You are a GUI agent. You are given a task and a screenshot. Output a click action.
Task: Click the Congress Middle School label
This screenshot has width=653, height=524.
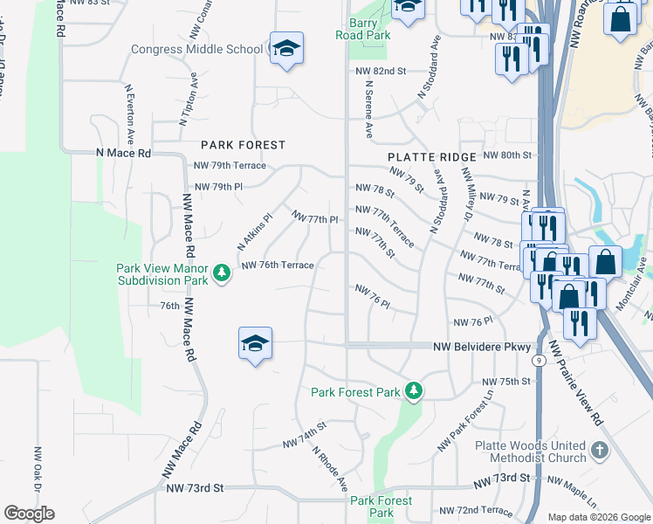(x=196, y=49)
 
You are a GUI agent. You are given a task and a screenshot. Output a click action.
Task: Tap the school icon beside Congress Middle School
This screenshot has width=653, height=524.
(x=285, y=49)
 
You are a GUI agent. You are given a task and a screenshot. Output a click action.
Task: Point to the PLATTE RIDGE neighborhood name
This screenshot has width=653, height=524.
(x=432, y=157)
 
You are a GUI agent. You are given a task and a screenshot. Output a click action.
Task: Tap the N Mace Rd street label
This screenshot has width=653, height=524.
(x=123, y=153)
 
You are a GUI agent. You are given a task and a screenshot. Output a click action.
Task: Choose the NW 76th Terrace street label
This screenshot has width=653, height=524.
(x=277, y=265)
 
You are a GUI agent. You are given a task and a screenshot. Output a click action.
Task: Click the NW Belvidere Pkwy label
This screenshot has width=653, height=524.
(x=482, y=347)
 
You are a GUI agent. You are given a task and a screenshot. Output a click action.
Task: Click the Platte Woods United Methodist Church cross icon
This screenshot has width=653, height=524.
(x=598, y=451)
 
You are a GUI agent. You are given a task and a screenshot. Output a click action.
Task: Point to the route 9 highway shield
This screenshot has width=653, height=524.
(x=540, y=360)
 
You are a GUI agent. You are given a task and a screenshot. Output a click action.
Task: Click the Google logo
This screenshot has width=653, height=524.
(x=30, y=513)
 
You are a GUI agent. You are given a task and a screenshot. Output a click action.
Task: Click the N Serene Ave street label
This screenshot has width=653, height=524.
(x=369, y=110)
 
